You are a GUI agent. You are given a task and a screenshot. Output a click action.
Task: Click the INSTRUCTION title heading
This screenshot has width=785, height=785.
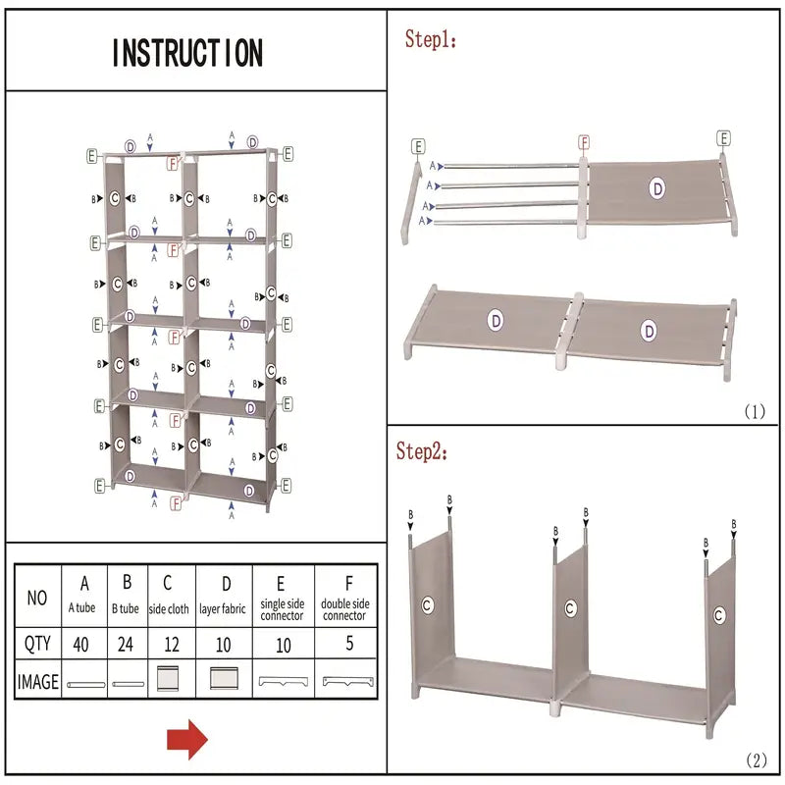[187, 52]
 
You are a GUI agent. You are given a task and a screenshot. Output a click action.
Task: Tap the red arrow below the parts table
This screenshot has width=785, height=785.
[187, 739]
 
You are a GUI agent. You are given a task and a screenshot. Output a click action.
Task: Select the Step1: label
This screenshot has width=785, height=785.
[432, 40]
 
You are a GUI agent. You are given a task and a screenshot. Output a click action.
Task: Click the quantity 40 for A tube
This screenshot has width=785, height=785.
[82, 645]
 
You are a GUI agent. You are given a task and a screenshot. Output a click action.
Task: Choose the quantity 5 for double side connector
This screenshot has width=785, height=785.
[344, 645]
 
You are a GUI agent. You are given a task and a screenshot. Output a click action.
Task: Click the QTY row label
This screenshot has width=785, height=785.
[37, 645]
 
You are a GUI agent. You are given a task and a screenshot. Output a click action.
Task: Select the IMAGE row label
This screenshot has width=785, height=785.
[37, 680]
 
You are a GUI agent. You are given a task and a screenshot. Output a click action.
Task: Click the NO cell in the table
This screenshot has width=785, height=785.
[37, 596]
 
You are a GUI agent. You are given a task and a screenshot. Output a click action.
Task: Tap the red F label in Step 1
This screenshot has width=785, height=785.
[584, 142]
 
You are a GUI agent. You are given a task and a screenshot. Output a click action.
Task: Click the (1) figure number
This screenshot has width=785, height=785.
[754, 412]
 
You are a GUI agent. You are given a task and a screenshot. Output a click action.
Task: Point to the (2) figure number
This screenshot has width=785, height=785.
[756, 759]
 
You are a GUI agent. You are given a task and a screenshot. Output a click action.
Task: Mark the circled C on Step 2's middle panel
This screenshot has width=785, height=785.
[569, 608]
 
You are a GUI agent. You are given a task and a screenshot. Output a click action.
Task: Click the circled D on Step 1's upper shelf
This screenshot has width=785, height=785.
[656, 186]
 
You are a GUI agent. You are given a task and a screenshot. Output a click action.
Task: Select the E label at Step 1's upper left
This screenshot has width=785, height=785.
[419, 147]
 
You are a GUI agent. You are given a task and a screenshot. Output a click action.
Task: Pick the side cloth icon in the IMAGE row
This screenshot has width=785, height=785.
[169, 681]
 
